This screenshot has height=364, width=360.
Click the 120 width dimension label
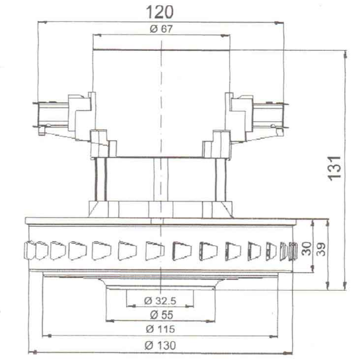[160, 13]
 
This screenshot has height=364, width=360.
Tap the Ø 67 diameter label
[161, 29]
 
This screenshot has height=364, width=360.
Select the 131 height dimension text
[334, 168]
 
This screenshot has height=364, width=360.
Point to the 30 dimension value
[306, 248]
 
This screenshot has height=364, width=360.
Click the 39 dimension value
[321, 249]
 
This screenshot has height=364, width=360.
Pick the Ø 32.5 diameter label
[160, 301]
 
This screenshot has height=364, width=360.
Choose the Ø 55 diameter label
[162, 315]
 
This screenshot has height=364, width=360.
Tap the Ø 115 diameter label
[161, 329]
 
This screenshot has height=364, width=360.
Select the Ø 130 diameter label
[160, 346]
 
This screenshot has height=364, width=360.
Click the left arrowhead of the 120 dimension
[42, 22]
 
